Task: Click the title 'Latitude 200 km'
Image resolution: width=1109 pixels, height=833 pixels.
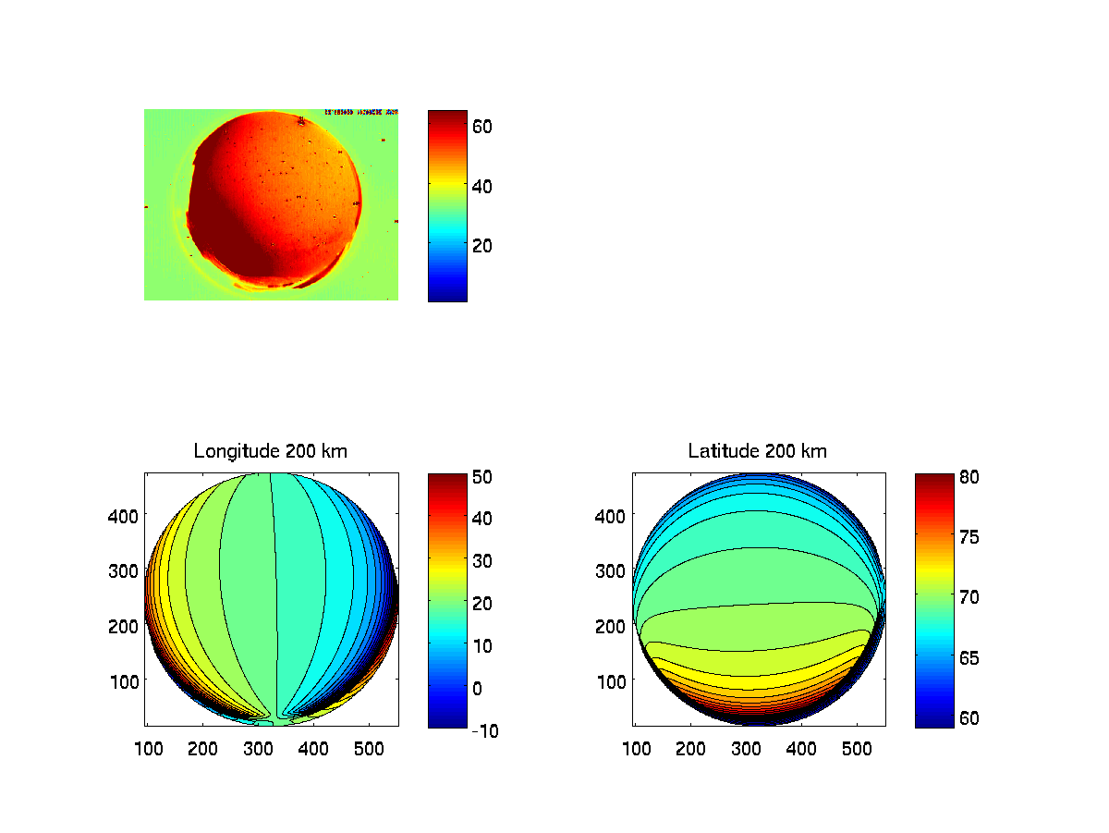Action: (758, 451)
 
